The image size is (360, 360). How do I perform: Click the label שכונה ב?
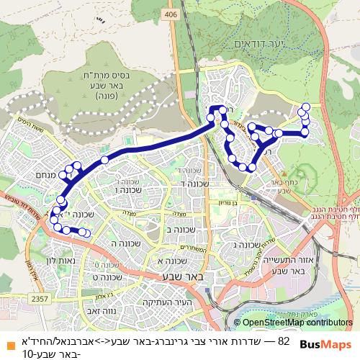179,230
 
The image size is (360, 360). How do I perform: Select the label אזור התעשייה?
292,264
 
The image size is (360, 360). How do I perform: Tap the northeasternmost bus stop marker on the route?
304,108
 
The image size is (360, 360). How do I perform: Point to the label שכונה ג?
246,246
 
